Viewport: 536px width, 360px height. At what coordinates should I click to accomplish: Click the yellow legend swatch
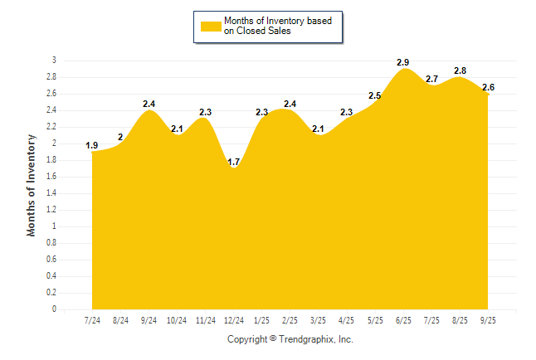[x=210, y=26]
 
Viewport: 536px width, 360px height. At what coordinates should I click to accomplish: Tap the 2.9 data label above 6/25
[x=403, y=62]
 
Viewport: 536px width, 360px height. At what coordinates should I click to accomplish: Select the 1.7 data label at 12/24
[x=233, y=162]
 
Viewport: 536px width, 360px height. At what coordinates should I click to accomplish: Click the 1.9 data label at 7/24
[x=92, y=146]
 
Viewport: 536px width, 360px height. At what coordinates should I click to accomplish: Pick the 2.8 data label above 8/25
[x=460, y=71]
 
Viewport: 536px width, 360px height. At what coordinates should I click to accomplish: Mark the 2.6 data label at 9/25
[x=488, y=87]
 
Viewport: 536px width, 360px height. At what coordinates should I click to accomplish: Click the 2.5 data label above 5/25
[x=375, y=96]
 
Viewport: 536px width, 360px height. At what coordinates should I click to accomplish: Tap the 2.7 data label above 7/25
[x=431, y=79]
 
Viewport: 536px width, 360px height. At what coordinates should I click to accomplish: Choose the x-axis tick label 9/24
[x=149, y=320]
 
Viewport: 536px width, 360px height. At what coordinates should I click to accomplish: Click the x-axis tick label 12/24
[x=233, y=320]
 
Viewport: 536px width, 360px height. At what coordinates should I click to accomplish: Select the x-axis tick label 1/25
[x=262, y=320]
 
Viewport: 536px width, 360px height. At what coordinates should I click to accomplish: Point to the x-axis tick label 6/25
[x=403, y=320]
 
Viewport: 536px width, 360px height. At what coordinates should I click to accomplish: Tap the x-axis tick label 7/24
[x=92, y=320]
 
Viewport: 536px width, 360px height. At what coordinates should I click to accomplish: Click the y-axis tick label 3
[x=54, y=61]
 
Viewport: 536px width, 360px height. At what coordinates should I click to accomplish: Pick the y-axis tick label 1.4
[x=51, y=193]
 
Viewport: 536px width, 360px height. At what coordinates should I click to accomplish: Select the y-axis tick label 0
[x=54, y=309]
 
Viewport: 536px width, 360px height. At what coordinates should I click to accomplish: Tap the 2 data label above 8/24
[x=120, y=137]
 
